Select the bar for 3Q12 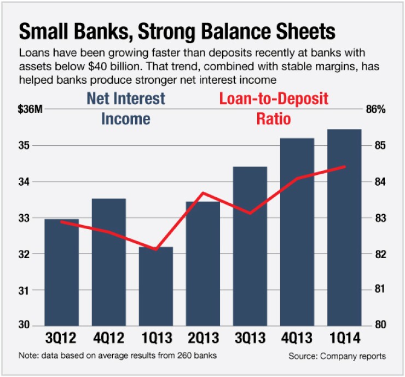click(61, 271)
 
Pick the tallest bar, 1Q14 click(344, 227)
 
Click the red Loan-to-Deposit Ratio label click(274, 108)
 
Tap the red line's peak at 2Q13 click(202, 193)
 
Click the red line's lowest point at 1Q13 click(155, 249)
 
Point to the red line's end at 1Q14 click(345, 167)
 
